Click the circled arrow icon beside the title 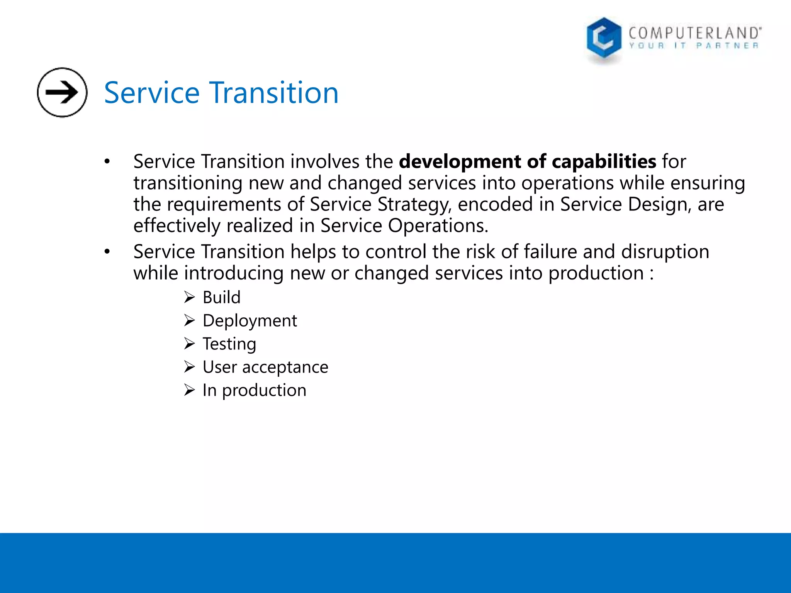(x=62, y=92)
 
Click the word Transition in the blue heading (x=274, y=93)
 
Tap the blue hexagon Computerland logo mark (x=604, y=39)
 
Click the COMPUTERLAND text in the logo (x=694, y=33)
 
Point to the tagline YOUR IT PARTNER (x=694, y=46)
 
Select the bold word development (x=460, y=161)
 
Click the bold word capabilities (x=604, y=161)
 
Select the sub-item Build (x=221, y=298)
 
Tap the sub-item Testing (x=229, y=344)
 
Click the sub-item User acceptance (x=265, y=367)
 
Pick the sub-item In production (x=254, y=390)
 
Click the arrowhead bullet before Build (x=189, y=298)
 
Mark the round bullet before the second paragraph (x=107, y=252)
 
